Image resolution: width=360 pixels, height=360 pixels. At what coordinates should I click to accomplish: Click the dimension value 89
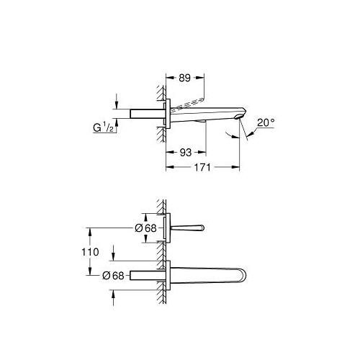pyautogui.click(x=184, y=78)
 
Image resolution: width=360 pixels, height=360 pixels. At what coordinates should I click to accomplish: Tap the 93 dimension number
pyautogui.click(x=186, y=153)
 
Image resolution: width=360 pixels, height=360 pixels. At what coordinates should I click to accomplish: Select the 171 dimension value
pyautogui.click(x=202, y=167)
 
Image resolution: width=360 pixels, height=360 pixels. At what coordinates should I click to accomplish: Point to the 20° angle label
pyautogui.click(x=266, y=123)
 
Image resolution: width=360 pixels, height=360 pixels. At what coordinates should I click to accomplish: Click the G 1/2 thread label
pyautogui.click(x=103, y=127)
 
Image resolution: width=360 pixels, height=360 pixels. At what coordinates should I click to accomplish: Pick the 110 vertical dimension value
pyautogui.click(x=90, y=252)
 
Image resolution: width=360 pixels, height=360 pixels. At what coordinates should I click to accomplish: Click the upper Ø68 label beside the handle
pyautogui.click(x=145, y=228)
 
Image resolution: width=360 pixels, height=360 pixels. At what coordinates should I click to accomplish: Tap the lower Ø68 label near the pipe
pyautogui.click(x=113, y=276)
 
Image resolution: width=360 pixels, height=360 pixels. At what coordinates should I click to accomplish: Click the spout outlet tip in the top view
pyautogui.click(x=238, y=117)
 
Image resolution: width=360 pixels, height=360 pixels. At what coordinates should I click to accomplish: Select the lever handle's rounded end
pyautogui.click(x=202, y=228)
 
